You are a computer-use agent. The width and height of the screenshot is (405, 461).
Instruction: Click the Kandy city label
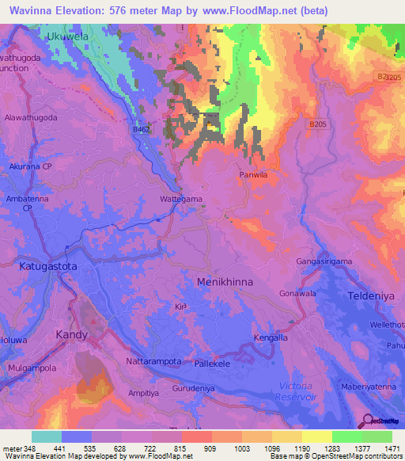71,335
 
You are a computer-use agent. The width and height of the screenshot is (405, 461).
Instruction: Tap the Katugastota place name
48,267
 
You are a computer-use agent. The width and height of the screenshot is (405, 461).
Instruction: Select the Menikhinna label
229,280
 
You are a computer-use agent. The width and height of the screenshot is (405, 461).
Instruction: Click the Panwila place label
255,173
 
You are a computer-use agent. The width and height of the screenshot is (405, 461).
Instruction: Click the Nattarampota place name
154,361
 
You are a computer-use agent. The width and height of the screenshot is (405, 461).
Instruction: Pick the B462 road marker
142,128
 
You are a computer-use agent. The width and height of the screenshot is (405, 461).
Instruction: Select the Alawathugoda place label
31,116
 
